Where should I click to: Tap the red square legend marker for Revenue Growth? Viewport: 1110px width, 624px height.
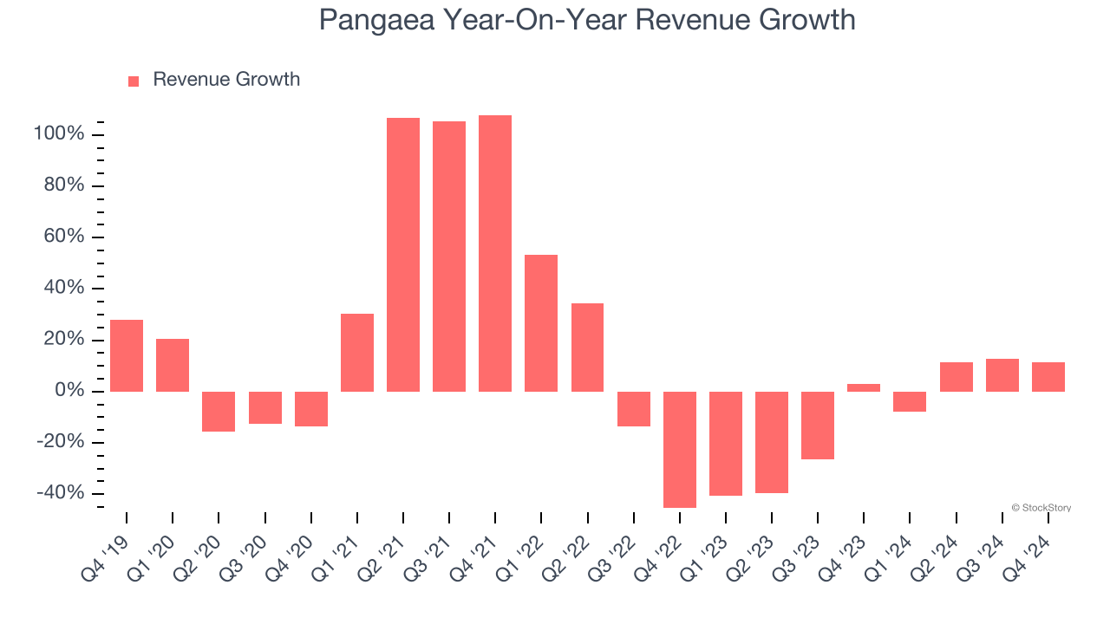coord(134,81)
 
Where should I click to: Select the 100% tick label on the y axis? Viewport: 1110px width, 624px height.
coord(59,134)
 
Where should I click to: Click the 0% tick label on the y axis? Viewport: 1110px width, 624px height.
coord(70,391)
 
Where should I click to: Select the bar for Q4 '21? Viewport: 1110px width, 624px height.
coord(495,253)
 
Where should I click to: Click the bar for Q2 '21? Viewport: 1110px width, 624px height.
coord(403,254)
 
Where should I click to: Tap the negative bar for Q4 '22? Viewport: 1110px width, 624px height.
coord(680,449)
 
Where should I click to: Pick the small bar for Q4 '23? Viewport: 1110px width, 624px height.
coord(864,387)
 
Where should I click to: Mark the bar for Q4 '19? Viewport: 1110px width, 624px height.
coord(127,355)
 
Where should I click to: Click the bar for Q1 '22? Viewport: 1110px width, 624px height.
coord(541,322)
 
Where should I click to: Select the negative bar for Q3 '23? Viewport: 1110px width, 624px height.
coord(818,425)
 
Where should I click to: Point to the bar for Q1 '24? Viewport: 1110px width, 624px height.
coord(910,401)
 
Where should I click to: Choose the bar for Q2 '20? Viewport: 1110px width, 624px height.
coord(219,411)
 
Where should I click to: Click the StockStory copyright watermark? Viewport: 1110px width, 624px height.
coord(1041,508)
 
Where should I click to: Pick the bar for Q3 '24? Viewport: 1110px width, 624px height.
coord(1002,374)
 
